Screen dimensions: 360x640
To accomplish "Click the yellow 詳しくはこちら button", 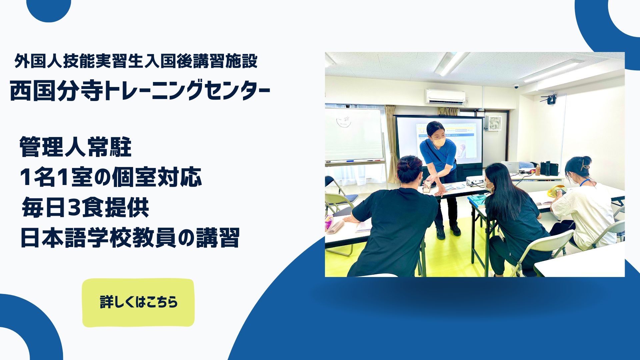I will click(x=138, y=302).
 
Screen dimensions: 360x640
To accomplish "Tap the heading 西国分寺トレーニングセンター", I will click(x=140, y=91).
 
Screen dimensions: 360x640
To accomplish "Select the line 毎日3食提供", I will click(x=85, y=208).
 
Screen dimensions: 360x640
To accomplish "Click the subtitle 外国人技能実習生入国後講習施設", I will click(x=136, y=61).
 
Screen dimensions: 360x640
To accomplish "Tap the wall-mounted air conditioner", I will click(x=445, y=96).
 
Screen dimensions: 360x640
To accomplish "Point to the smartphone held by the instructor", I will click(x=427, y=187).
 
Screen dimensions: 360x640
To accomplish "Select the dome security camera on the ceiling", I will click(x=516, y=86).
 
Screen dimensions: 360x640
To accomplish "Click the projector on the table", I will click(x=475, y=181).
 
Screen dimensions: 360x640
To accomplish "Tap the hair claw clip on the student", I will click(x=585, y=165).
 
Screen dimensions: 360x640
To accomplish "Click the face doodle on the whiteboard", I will click(x=343, y=121).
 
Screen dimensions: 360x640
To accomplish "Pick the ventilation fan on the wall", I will click(x=494, y=123).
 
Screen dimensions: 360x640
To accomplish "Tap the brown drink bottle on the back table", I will click(x=537, y=170).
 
